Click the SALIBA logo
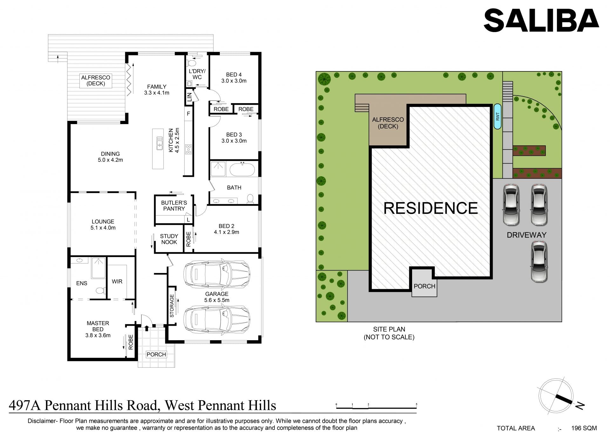pyautogui.click(x=541, y=20)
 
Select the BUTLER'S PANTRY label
pyautogui.click(x=174, y=206)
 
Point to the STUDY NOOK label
pyautogui.click(x=169, y=239)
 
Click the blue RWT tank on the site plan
pyautogui.click(x=498, y=116)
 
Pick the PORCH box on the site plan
pyautogui.click(x=424, y=286)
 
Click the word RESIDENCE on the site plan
pyautogui.click(x=430, y=208)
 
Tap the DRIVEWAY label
pyautogui.click(x=526, y=235)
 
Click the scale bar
pyautogui.click(x=376, y=406)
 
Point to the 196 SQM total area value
pyautogui.click(x=584, y=428)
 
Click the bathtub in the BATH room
pyautogui.click(x=242, y=170)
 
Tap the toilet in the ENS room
pyautogui.click(x=100, y=290)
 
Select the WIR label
pyautogui.click(x=117, y=282)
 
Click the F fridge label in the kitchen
pyautogui.click(x=188, y=114)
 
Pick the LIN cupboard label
pyautogui.click(x=189, y=97)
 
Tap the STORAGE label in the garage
pyautogui.click(x=172, y=306)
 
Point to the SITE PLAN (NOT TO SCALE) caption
pyautogui.click(x=389, y=333)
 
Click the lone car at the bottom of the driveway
pyautogui.click(x=539, y=262)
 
